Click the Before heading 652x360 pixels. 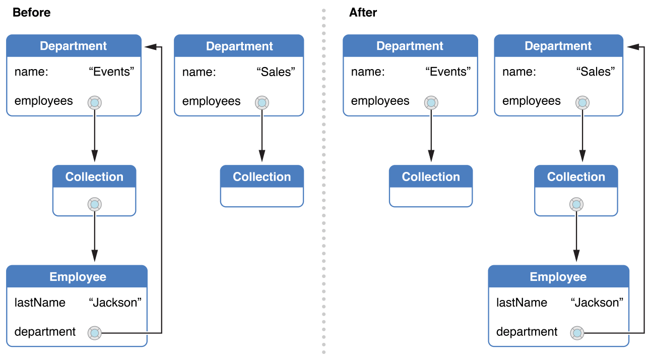[x=31, y=13]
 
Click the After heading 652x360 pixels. [x=363, y=13]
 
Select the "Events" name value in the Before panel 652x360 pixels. [x=112, y=72]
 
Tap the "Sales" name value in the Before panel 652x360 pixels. [x=276, y=72]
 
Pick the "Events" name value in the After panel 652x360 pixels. [x=448, y=72]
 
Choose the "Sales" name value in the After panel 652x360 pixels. [x=596, y=72]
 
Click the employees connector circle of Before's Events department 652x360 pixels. [x=95, y=103]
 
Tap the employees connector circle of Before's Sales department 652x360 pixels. [x=262, y=103]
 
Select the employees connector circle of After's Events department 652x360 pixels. [x=431, y=103]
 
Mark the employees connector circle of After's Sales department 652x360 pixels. [x=582, y=103]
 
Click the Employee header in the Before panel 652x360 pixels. [x=78, y=277]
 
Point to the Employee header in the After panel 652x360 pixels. [x=558, y=277]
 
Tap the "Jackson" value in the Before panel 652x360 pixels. [x=115, y=303]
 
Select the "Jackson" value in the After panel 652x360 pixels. [x=597, y=303]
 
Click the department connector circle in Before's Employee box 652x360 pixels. [x=95, y=333]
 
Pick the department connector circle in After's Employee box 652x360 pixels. [x=577, y=333]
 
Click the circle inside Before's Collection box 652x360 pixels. [x=95, y=204]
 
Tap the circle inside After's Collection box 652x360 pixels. [x=576, y=204]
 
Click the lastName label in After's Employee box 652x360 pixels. [x=521, y=303]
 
